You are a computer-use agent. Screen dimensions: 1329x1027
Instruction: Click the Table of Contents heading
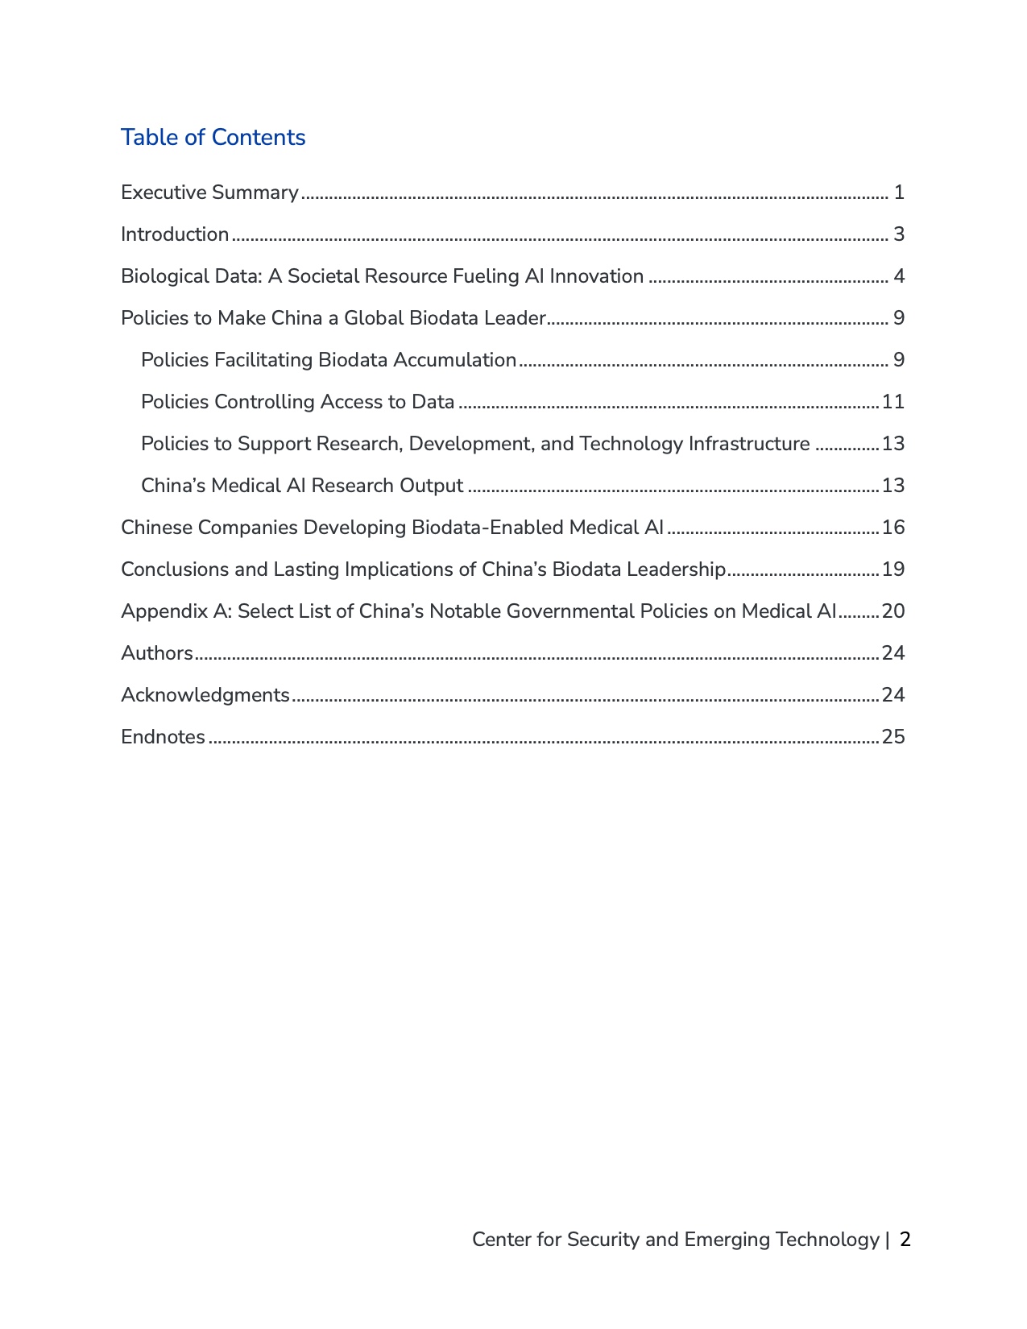[x=213, y=138]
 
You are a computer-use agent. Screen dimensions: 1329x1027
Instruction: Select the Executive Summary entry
[x=209, y=193]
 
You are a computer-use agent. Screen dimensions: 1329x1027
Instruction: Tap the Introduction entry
[x=175, y=234]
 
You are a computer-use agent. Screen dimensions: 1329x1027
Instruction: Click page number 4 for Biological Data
[x=899, y=276]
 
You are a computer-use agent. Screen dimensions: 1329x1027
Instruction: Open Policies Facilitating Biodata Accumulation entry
[x=329, y=360]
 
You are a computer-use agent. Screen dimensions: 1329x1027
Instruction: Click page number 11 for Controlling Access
[x=893, y=402]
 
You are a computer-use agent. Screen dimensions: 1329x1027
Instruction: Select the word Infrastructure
[x=749, y=444]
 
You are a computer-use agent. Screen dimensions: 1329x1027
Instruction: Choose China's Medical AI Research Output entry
[x=302, y=486]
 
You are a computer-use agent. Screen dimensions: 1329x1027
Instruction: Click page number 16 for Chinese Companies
[x=893, y=528]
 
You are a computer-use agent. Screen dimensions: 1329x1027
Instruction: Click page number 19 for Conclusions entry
[x=893, y=569]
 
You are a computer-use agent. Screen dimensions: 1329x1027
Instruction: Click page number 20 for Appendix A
[x=893, y=611]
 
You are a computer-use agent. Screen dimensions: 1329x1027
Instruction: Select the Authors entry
[x=157, y=653]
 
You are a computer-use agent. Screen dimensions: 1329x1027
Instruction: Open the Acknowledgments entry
[x=205, y=695]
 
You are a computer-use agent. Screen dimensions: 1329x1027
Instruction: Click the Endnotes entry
[x=163, y=737]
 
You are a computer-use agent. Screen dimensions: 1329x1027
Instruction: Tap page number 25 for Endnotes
[x=893, y=737]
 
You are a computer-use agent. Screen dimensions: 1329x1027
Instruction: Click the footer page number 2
[x=905, y=1240]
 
